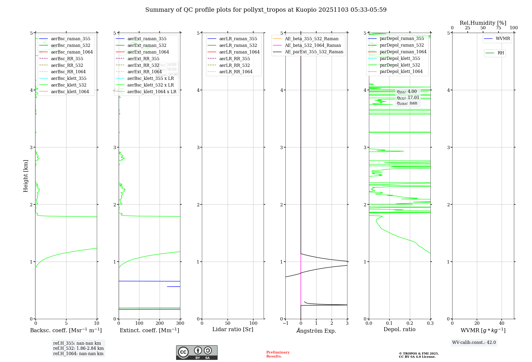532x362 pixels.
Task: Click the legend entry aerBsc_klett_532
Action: coord(69,85)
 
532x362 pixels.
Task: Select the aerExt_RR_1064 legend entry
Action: coord(144,72)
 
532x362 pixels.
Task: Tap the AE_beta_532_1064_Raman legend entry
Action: coord(313,45)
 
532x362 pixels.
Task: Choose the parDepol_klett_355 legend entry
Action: coord(400,58)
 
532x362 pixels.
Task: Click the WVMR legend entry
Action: coord(503,39)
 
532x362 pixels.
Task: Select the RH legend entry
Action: coord(501,53)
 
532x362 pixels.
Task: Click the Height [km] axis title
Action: coord(26,176)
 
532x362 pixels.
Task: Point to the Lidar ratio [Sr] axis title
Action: coord(233,329)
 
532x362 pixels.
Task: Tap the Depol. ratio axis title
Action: coord(399,329)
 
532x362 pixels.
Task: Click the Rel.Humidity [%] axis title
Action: coord(483,23)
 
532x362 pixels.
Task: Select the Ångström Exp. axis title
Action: coord(316,331)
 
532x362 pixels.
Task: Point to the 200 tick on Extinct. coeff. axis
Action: coord(160,323)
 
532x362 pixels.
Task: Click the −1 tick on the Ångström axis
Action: coord(285,323)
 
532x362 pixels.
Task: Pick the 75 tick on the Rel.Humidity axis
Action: coord(498,28)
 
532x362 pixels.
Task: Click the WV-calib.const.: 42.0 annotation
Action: coord(474,342)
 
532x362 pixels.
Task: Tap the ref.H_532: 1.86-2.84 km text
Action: coord(78,348)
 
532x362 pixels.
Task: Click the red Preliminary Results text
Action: coord(278,354)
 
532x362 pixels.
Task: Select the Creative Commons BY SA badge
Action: coord(197,352)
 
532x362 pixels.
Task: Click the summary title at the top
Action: coord(266,10)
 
